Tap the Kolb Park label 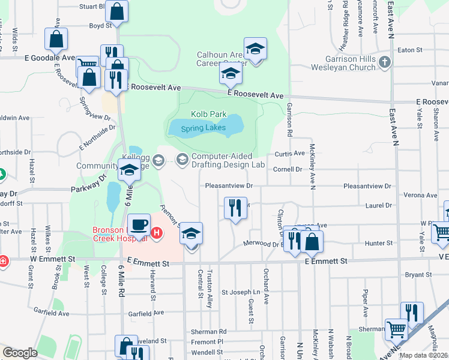click(209, 114)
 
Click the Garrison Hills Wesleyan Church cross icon click(385, 61)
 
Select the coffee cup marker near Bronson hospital click(140, 224)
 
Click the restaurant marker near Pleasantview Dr click(235, 208)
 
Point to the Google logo click(20, 353)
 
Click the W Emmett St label click(53, 259)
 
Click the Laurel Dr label click(378, 205)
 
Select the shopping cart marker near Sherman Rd click(396, 329)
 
